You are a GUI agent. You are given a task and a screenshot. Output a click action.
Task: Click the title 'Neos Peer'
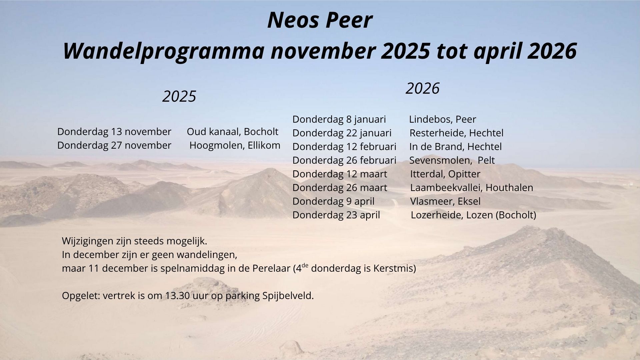click(320, 20)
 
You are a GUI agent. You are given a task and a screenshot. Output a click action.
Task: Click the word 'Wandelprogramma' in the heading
click(164, 52)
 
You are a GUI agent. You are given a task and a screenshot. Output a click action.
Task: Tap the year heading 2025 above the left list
click(179, 97)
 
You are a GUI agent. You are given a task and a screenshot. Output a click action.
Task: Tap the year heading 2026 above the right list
click(423, 89)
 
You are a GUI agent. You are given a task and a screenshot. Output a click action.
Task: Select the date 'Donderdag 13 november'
click(114, 132)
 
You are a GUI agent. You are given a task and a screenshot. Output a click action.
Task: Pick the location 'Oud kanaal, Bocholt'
click(233, 132)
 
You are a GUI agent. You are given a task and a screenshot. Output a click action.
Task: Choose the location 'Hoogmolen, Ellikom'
click(235, 145)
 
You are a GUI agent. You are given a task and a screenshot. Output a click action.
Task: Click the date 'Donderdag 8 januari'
click(339, 119)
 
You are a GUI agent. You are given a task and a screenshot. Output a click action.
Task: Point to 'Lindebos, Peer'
click(443, 119)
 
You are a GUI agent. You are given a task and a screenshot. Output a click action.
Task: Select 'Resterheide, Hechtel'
click(457, 133)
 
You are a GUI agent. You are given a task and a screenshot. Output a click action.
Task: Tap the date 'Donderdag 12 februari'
click(345, 147)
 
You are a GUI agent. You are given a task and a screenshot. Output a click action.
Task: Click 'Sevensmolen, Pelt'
click(452, 160)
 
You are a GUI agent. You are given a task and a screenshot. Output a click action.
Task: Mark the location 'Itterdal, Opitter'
click(445, 174)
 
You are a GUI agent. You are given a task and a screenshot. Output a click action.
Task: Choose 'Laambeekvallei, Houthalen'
click(472, 188)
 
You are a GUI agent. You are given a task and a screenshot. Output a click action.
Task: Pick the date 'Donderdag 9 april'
click(334, 201)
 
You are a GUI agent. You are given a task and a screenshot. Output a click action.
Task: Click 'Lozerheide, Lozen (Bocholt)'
click(474, 215)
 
